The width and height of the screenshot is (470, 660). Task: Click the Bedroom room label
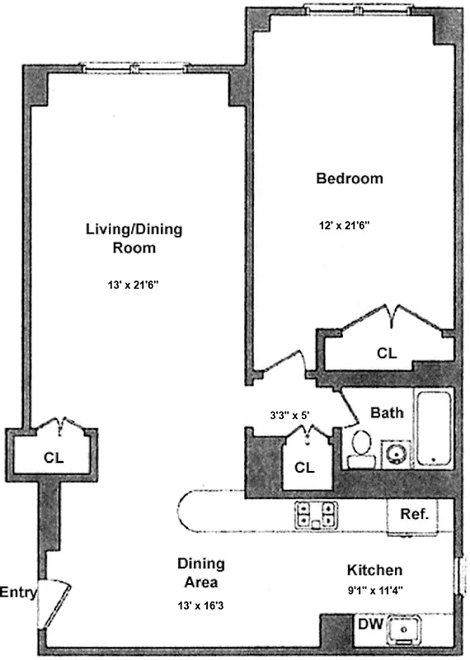(x=350, y=178)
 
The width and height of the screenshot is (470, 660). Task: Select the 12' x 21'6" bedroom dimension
(x=350, y=224)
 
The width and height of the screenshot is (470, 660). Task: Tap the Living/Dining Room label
(x=134, y=238)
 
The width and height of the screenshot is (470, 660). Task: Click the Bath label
(x=386, y=412)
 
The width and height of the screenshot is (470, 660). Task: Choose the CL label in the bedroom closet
(x=386, y=353)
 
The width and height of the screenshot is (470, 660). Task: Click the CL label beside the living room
(x=53, y=456)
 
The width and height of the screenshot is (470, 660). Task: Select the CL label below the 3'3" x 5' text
(x=304, y=467)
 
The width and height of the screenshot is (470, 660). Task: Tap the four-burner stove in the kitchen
(x=316, y=515)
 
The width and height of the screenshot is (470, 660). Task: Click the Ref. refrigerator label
(x=413, y=514)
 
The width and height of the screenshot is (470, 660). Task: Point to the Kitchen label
(x=374, y=570)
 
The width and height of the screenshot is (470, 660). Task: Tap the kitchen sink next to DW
(x=404, y=629)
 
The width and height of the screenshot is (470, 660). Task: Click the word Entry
(x=17, y=592)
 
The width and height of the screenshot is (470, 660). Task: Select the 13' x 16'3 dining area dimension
(x=200, y=604)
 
